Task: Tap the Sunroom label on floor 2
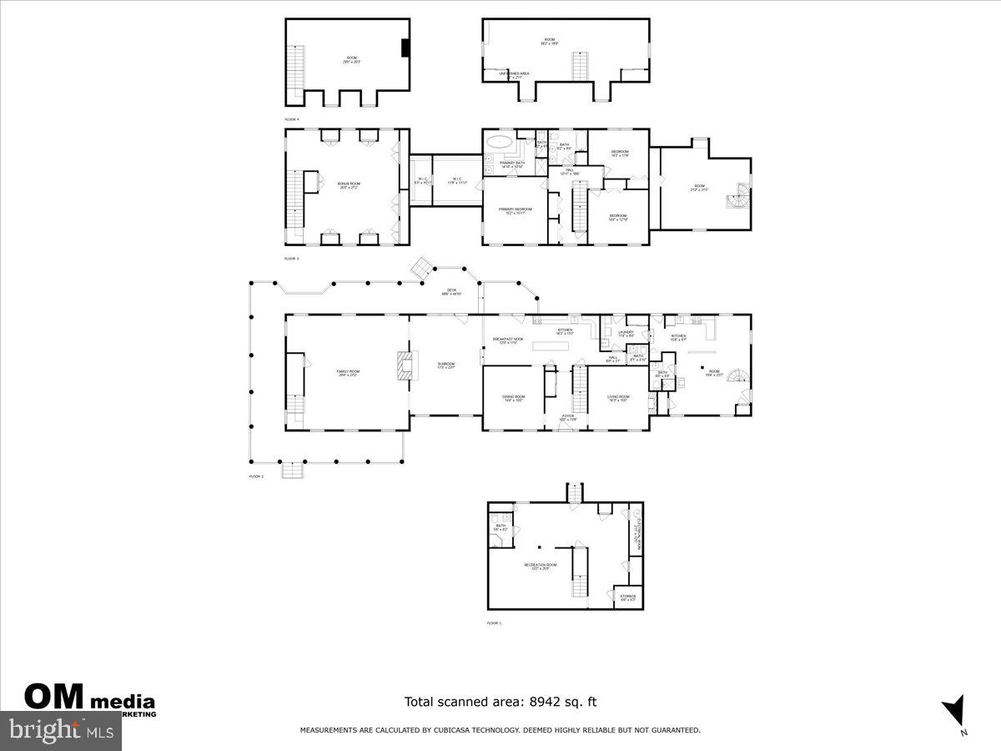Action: coord(445,365)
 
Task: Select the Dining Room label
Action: coord(513,398)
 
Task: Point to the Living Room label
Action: coord(618,398)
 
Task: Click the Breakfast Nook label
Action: coord(507,340)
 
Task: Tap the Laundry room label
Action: coord(626,333)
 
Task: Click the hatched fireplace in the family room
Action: coord(405,366)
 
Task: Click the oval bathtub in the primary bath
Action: coord(500,140)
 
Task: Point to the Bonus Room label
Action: coord(348,186)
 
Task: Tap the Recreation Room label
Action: coord(540,566)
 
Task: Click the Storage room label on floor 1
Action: coord(627,597)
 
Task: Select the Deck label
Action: coord(450,291)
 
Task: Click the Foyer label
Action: coord(567,416)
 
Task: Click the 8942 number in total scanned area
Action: coord(543,703)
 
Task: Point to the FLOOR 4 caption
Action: coord(292,119)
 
